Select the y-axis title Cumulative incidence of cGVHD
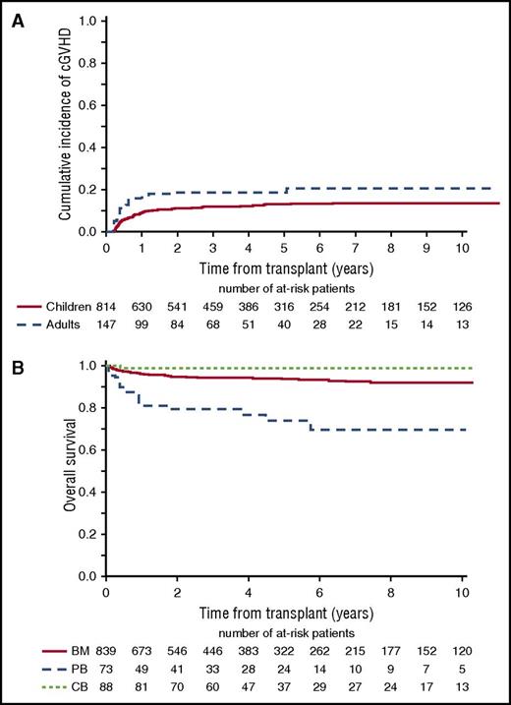coord(65,125)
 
